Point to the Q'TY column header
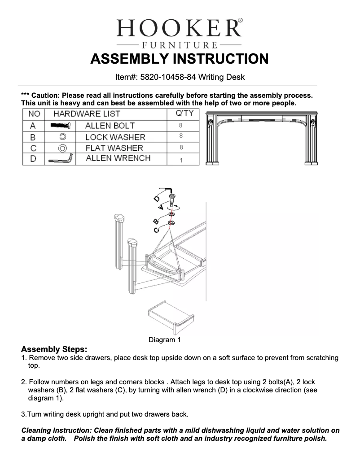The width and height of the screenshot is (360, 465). (184, 113)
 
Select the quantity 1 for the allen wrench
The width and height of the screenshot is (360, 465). (181, 160)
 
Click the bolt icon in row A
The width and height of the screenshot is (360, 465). (60, 126)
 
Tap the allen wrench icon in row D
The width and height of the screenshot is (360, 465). (60, 159)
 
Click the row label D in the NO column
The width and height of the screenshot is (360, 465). (33, 159)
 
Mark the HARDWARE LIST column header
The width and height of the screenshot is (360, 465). (87, 114)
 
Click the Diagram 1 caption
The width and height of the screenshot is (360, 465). (164, 340)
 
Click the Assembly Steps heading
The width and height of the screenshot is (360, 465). (54, 349)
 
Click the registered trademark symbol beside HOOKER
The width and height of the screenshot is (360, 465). (240, 21)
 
